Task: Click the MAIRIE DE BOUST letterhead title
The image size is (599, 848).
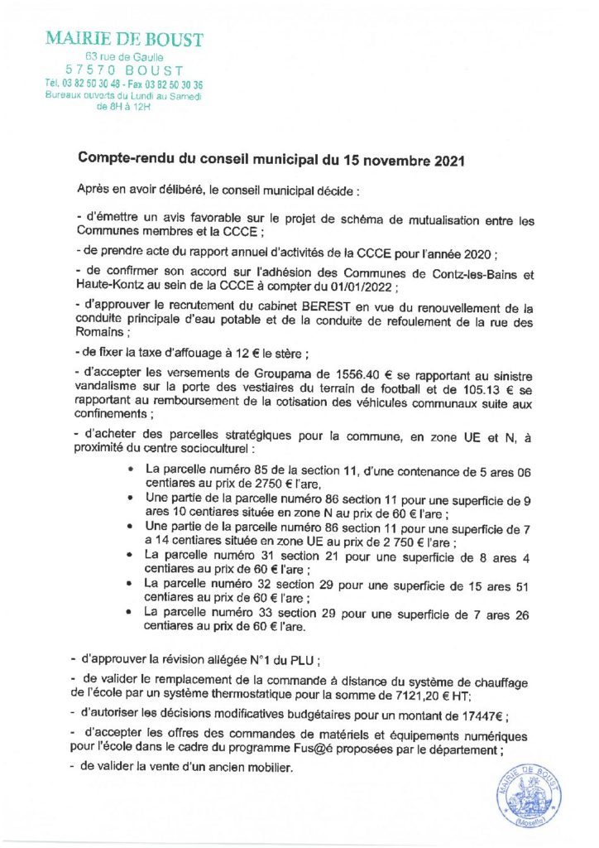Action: pos(124,40)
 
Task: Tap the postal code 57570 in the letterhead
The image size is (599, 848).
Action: pos(90,70)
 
